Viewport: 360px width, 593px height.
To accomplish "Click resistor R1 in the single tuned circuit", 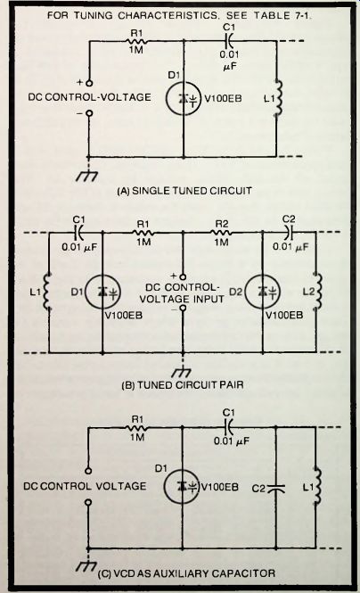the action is (x=138, y=41).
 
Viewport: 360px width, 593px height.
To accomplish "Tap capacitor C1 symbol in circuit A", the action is (x=229, y=41).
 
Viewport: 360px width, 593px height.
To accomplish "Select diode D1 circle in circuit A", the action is (x=184, y=98).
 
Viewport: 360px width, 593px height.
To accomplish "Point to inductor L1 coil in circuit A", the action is (x=278, y=97).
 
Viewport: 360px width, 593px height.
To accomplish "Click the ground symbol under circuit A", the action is (x=87, y=176).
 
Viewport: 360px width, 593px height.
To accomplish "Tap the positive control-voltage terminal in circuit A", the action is (x=89, y=83).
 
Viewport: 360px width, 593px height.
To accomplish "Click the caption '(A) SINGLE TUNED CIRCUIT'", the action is (x=184, y=190).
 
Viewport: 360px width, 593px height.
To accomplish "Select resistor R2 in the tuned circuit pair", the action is (x=221, y=232).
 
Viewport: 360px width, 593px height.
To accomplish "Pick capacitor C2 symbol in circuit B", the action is (x=289, y=233).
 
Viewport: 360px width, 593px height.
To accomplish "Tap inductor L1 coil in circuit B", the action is (x=47, y=292).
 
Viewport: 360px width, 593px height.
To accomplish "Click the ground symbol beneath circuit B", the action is (x=181, y=373).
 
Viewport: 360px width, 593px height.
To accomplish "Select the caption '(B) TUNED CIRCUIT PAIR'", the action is (x=183, y=385).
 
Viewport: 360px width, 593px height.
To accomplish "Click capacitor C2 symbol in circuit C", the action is (x=276, y=489).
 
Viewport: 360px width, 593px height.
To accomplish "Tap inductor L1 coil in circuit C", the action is (x=317, y=486).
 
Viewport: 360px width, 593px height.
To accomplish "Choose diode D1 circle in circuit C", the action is (x=181, y=486).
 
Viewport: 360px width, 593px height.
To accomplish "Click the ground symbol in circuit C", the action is (x=86, y=565).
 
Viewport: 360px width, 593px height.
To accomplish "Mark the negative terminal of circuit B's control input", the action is (x=183, y=308).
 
